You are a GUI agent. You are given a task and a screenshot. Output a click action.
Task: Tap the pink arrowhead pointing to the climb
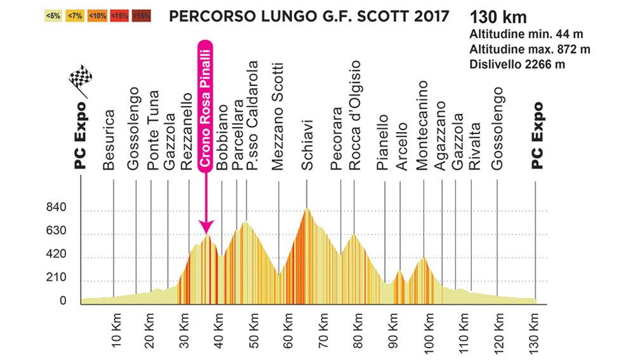[x=206, y=226]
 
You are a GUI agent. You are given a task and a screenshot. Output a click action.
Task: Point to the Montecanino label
[x=422, y=125]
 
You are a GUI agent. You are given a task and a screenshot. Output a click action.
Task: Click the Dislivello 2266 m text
[x=516, y=64]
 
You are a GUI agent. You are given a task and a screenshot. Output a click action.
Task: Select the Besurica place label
[x=109, y=140]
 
